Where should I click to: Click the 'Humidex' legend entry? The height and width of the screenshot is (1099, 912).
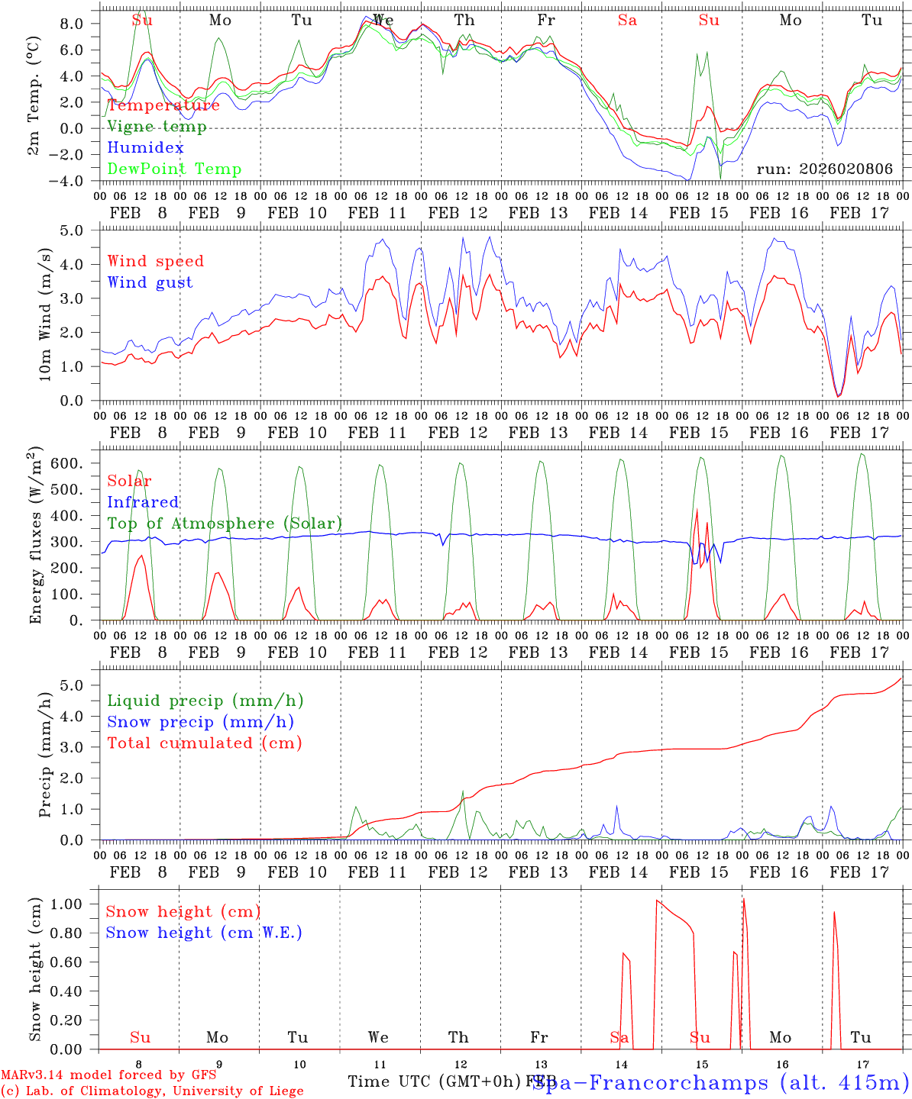[145, 148]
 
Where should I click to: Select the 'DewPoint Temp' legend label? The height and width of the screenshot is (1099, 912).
[174, 169]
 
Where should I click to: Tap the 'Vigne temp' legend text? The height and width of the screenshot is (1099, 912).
[157, 127]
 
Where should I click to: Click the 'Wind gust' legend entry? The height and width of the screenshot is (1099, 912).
[150, 282]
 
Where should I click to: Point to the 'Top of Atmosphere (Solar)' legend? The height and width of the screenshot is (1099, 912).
[225, 524]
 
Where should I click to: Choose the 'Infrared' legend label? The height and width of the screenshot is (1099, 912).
[143, 502]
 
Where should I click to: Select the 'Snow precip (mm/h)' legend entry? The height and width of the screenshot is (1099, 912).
[200, 722]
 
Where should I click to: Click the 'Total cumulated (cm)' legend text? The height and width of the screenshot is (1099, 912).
[204, 743]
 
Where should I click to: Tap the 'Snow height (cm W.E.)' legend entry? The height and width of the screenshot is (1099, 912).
[204, 933]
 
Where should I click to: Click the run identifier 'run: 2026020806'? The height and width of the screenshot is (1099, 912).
[824, 169]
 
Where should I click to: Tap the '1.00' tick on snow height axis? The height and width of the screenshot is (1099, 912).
[76, 904]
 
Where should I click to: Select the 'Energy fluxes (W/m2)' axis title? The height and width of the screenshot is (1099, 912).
[35, 537]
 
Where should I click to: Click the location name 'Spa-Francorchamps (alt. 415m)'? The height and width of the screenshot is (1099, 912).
[720, 1082]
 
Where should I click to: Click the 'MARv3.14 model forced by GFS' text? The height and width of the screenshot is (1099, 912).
[108, 1075]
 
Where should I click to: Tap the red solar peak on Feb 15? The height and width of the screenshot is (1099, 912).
[696, 510]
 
